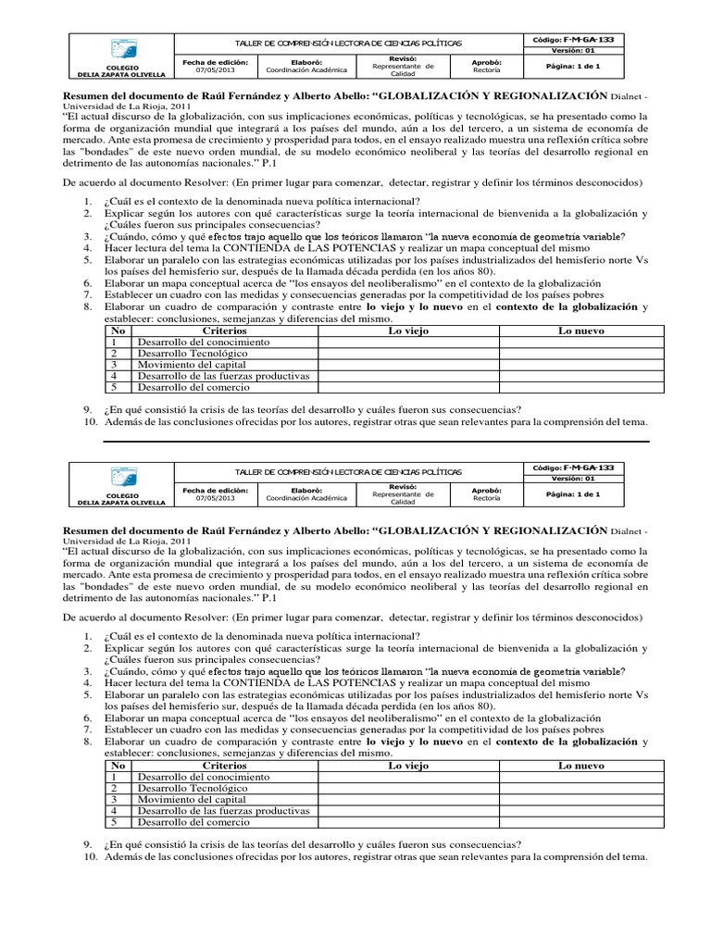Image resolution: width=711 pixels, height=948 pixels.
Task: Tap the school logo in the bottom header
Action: (123, 478)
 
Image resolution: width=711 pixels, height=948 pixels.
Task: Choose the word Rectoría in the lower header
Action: (487, 498)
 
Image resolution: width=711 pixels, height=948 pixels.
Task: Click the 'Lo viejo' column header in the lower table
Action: (408, 766)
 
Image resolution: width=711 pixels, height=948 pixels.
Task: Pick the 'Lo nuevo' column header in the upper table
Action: (580, 331)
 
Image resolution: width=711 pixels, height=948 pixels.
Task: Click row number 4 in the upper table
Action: (116, 376)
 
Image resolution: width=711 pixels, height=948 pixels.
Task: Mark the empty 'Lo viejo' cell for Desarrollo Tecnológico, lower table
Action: (408, 788)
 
